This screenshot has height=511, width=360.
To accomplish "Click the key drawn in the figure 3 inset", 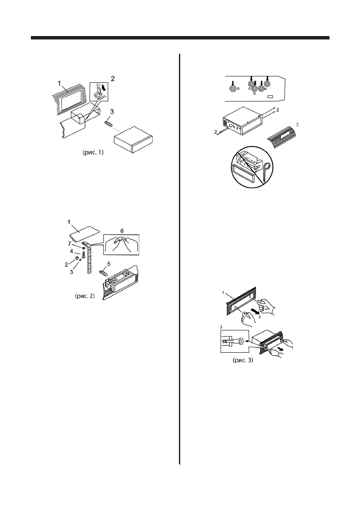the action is tap(233, 342).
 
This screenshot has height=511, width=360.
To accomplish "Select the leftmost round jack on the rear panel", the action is tap(233, 89).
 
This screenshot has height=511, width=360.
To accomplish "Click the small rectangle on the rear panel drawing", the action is tap(270, 97).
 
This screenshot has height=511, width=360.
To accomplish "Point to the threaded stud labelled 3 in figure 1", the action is tap(110, 124).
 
